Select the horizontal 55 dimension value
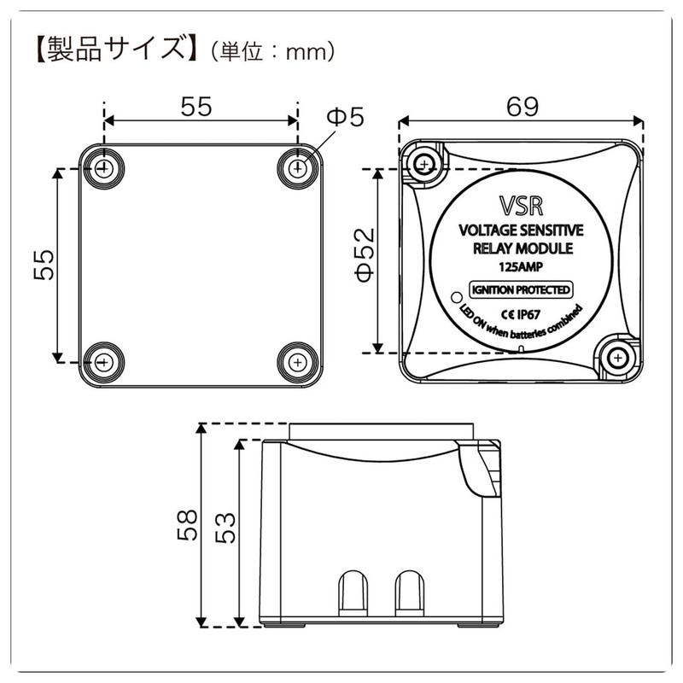coord(198,107)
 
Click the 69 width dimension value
coord(522,107)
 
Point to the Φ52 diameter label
coord(363,260)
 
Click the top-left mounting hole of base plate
coord(104,168)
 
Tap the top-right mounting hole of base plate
coord(297,168)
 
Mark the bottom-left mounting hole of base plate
coord(104,361)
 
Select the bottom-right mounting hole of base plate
coord(297,361)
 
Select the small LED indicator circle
coord(455,299)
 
